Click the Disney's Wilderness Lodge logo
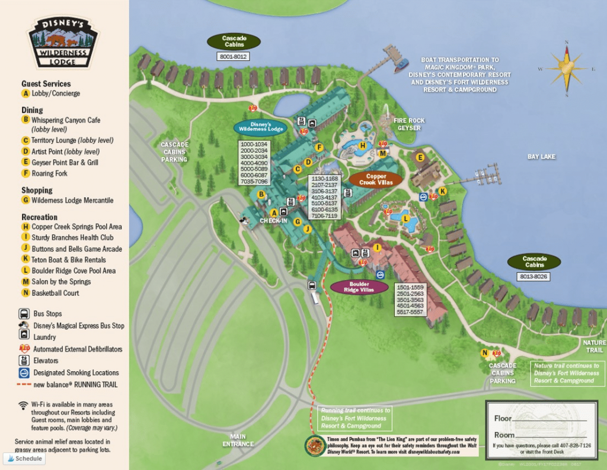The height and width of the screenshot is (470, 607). click(x=63, y=43)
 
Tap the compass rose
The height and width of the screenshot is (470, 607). click(x=567, y=69)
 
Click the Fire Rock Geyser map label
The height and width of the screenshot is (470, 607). click(x=409, y=124)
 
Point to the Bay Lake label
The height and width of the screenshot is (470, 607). click(x=541, y=157)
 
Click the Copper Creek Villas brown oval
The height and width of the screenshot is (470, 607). click(x=376, y=179)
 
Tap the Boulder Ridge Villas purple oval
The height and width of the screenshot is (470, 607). click(x=359, y=286)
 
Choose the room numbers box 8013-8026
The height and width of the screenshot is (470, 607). click(x=534, y=276)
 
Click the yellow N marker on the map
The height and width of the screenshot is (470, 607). click(x=485, y=353)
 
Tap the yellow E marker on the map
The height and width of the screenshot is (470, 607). click(x=420, y=157)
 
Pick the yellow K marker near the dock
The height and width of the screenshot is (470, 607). click(x=442, y=191)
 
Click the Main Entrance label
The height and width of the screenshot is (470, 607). click(x=238, y=440)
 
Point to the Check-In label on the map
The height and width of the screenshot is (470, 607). click(x=273, y=221)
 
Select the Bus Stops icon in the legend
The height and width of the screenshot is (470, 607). click(x=24, y=314)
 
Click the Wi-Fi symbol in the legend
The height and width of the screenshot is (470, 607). click(x=23, y=405)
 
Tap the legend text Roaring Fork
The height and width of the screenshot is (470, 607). click(x=49, y=173)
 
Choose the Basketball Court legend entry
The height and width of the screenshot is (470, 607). click(x=55, y=293)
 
